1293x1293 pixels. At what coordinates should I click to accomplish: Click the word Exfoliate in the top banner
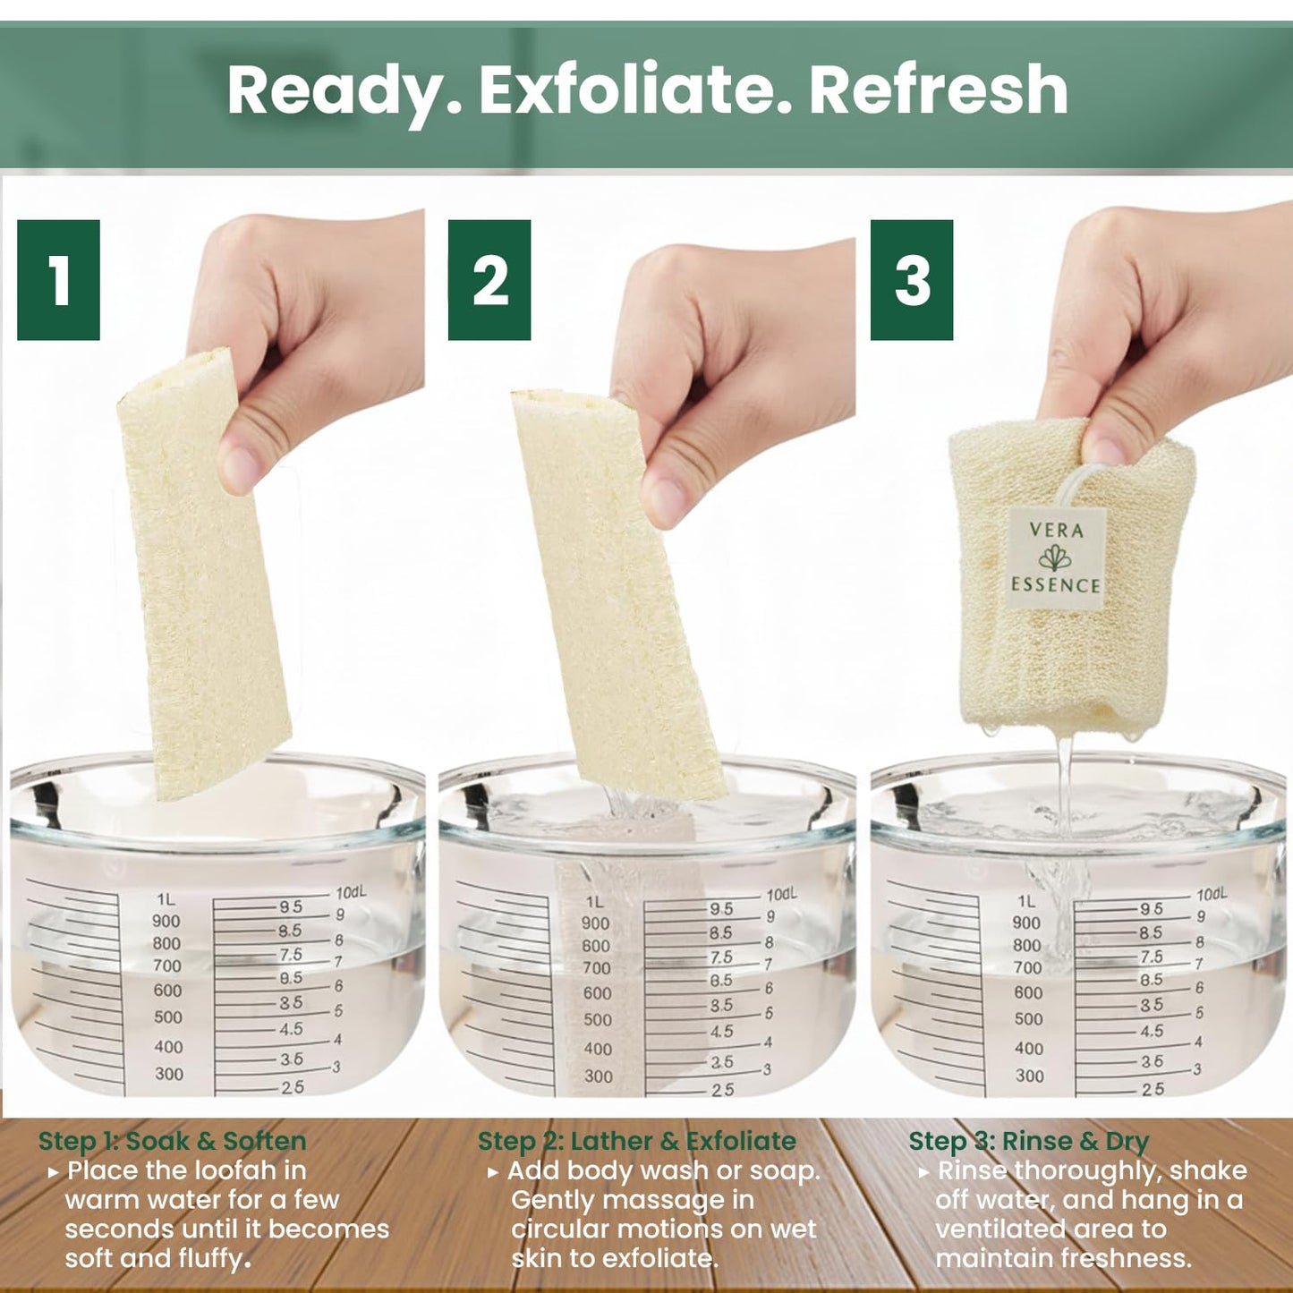click(625, 89)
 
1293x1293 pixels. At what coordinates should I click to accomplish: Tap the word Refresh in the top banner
click(939, 89)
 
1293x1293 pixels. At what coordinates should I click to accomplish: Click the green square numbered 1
click(58, 280)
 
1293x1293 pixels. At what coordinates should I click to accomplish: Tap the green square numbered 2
click(489, 280)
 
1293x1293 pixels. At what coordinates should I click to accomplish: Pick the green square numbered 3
click(912, 280)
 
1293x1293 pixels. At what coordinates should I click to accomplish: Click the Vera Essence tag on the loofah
click(1056, 558)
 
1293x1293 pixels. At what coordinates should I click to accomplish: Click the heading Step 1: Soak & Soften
click(173, 1141)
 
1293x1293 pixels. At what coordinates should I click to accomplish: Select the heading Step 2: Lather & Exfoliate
click(637, 1141)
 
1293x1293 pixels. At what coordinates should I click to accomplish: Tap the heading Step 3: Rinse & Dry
click(1029, 1141)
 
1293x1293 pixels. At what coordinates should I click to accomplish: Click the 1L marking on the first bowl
click(166, 900)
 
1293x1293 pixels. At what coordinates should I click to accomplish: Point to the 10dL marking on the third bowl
click(1212, 894)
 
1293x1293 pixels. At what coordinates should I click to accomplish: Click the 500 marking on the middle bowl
click(597, 1019)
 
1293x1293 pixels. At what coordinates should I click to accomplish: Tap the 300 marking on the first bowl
click(169, 1075)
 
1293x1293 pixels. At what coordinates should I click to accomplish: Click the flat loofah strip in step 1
click(204, 574)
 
